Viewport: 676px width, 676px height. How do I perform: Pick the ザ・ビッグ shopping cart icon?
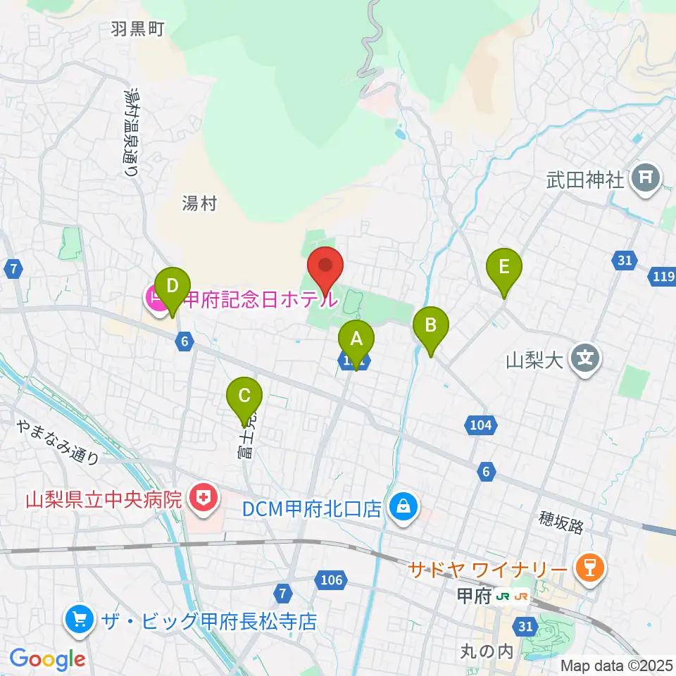coord(79,620)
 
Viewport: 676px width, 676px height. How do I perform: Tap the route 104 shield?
coord(482,425)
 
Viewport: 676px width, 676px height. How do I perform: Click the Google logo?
coord(47,660)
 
